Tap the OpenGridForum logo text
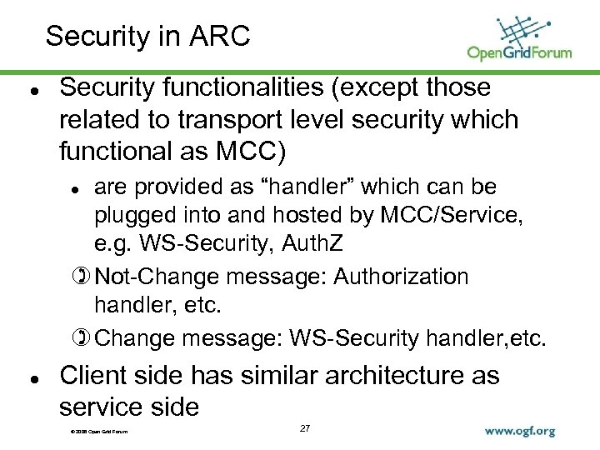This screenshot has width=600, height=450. point(519,52)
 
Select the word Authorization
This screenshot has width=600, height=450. point(401,276)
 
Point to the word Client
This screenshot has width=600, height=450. point(92,376)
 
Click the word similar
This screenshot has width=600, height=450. point(266,376)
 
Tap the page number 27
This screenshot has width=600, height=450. point(304,427)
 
